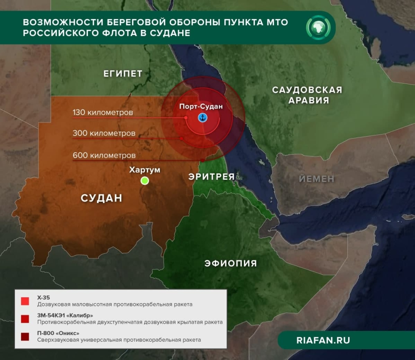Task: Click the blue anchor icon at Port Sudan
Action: [x=203, y=118]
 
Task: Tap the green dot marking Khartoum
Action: [x=144, y=180]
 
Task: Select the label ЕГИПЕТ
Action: [x=123, y=74]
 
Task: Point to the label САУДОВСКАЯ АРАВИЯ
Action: [x=307, y=95]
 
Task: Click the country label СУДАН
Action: [x=101, y=198]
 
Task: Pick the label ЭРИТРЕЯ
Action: [x=211, y=176]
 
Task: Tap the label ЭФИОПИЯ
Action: [x=230, y=263]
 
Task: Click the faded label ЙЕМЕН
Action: [x=316, y=179]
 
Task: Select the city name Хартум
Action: [x=144, y=170]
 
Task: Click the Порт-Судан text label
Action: [x=201, y=106]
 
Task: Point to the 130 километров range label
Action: [x=103, y=113]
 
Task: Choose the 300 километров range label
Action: [x=104, y=134]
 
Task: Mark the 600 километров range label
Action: [x=104, y=156]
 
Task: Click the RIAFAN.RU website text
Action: [x=323, y=340]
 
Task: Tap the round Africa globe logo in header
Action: [x=317, y=27]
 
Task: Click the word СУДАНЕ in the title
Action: [x=168, y=33]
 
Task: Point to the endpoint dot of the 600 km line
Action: [x=202, y=160]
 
